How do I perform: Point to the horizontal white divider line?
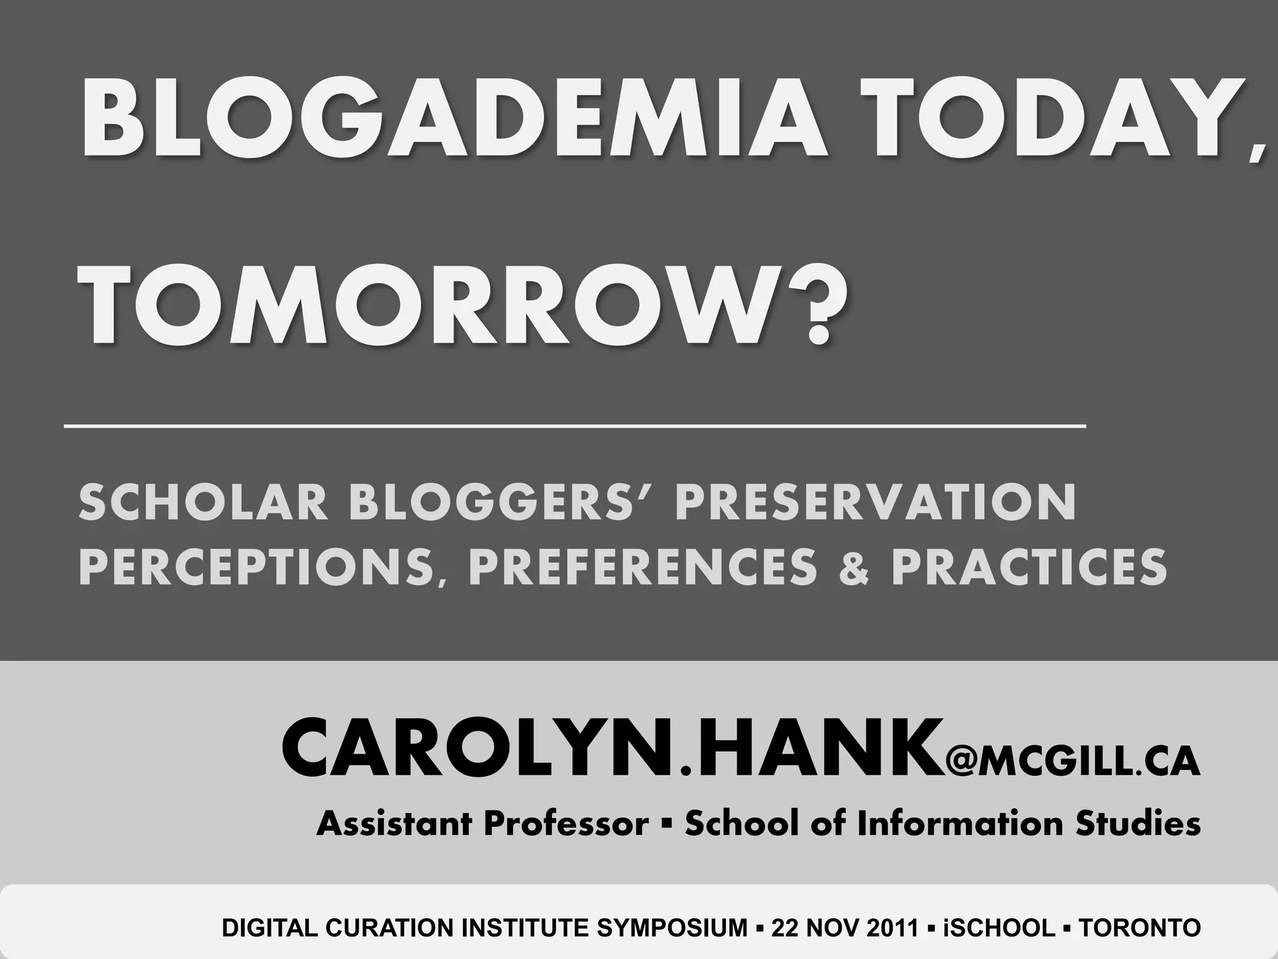574,426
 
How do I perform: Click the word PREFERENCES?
643,566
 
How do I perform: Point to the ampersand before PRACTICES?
854,567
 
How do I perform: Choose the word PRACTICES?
1030,566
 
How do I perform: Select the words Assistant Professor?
482,824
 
